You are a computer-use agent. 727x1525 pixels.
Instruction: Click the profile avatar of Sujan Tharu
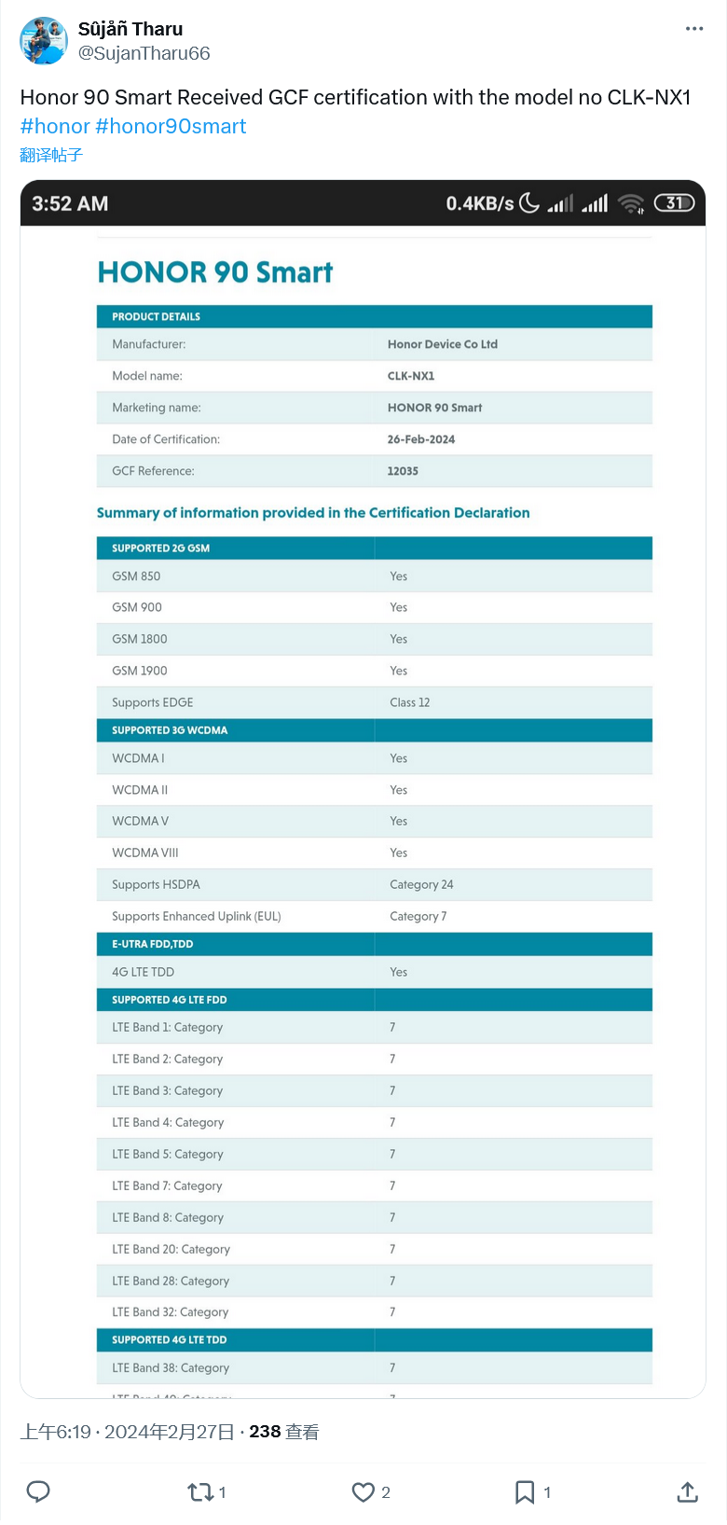click(x=44, y=40)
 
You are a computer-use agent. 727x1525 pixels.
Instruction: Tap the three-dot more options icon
click(x=694, y=29)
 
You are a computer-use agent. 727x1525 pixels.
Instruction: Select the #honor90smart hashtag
click(x=171, y=127)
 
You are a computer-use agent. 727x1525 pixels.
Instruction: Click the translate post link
click(x=51, y=155)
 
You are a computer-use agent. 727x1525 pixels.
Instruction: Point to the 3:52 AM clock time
click(x=70, y=203)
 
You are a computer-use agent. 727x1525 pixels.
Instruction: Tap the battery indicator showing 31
click(x=674, y=202)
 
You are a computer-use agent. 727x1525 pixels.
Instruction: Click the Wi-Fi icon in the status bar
click(x=631, y=203)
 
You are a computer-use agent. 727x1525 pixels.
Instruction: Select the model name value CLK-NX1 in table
click(x=411, y=376)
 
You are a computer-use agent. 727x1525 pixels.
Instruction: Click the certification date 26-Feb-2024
click(x=421, y=439)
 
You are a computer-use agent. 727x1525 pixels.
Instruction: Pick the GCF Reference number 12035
click(x=403, y=471)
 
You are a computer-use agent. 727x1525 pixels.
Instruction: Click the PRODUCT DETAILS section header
click(x=157, y=317)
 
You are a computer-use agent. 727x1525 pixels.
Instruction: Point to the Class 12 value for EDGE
click(x=410, y=702)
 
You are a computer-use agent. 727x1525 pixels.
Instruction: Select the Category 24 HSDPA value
click(x=421, y=884)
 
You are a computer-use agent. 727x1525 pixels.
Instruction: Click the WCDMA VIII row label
click(x=145, y=853)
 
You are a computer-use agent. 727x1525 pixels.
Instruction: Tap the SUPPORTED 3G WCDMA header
click(x=170, y=730)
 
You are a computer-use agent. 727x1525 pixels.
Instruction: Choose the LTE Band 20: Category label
click(x=171, y=1249)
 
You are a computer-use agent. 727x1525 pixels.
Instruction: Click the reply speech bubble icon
click(x=38, y=1491)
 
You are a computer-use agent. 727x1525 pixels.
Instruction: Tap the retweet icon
click(x=200, y=1492)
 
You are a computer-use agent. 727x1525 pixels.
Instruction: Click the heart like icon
click(x=363, y=1492)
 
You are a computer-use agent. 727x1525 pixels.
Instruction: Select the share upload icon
click(x=687, y=1492)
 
